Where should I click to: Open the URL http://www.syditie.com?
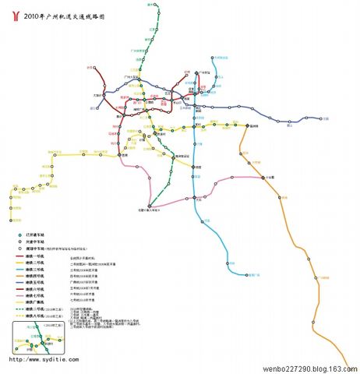(x=40, y=360)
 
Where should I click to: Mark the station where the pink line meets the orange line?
(x=263, y=177)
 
